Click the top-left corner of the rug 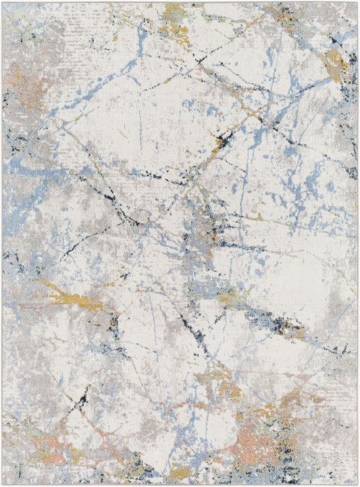point(3,3)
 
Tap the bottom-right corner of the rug point(357,484)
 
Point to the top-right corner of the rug point(357,3)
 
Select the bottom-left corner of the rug point(3,484)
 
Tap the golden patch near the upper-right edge point(334,64)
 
